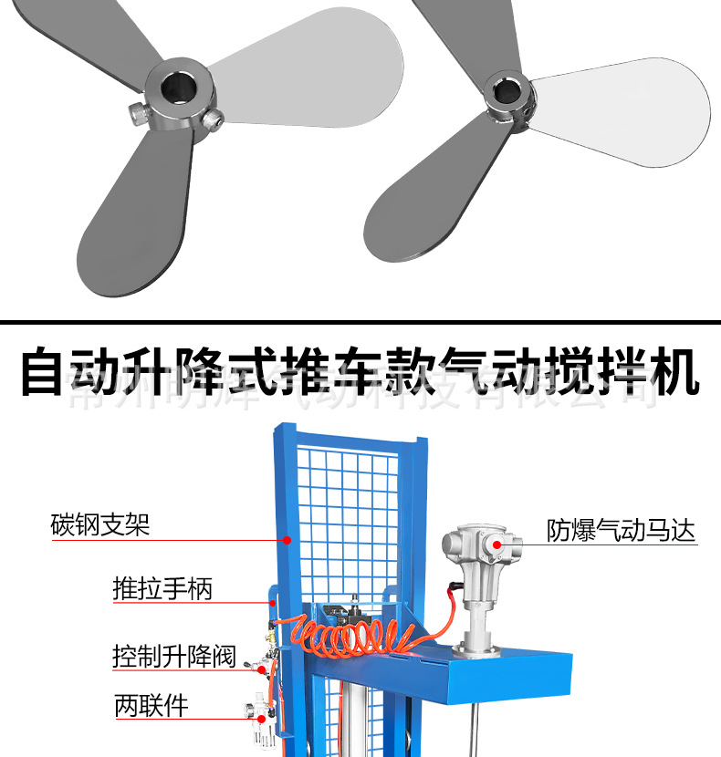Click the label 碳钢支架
(x=99, y=525)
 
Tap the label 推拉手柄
(x=162, y=589)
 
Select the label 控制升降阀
(x=173, y=656)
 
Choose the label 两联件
(x=151, y=705)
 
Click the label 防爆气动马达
(x=621, y=531)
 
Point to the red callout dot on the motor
(x=497, y=544)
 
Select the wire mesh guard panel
(x=351, y=520)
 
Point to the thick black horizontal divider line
(x=360, y=322)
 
